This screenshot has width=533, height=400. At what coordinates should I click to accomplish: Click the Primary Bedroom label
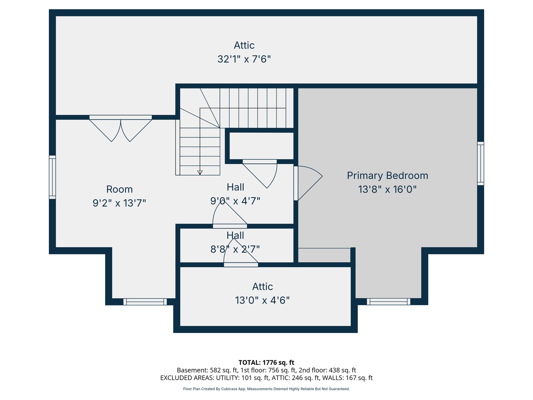(387, 176)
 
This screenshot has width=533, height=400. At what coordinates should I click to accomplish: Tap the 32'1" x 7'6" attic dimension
(244, 59)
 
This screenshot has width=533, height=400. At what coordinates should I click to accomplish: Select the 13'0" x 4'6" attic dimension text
(262, 300)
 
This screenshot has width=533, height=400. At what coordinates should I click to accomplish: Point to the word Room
(119, 189)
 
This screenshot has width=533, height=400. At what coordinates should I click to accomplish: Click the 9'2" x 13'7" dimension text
(119, 203)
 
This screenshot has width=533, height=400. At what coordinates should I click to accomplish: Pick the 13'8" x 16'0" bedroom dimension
(387, 189)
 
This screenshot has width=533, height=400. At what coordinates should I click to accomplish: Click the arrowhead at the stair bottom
(200, 173)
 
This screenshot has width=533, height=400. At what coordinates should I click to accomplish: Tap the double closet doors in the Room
(120, 129)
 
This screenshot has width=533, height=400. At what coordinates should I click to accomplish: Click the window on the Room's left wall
(52, 177)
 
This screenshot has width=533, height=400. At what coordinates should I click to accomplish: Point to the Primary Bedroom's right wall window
(480, 163)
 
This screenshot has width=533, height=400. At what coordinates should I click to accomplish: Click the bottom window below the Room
(145, 301)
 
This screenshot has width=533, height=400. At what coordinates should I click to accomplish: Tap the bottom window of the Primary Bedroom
(388, 301)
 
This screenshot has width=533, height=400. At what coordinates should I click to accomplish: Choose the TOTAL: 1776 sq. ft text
(266, 363)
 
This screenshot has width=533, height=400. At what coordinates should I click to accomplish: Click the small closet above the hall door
(261, 146)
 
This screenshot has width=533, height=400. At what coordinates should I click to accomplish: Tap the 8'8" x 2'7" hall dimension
(235, 249)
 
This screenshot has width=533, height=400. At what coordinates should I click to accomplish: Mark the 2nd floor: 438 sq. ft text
(327, 370)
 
